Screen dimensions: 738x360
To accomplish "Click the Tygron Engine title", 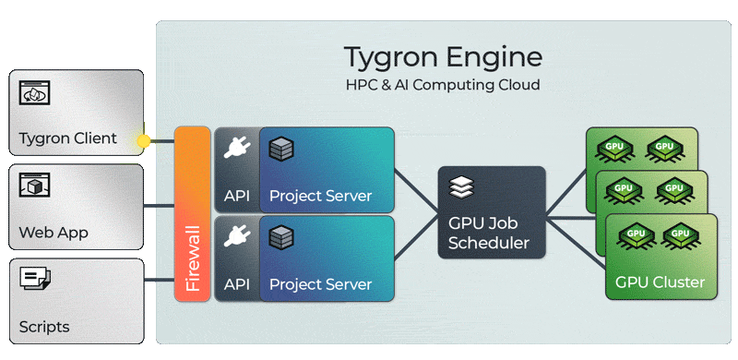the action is [443, 57].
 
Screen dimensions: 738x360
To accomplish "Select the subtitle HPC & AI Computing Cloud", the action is [443, 85].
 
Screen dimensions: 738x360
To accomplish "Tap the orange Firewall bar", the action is [192, 214].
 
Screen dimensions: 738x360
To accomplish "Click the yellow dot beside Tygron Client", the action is [143, 140].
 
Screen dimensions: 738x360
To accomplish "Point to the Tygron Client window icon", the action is [34, 93].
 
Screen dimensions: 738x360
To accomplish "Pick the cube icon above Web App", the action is [34, 186].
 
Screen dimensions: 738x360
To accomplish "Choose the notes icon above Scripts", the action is [34, 278].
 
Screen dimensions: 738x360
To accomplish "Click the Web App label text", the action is [54, 233].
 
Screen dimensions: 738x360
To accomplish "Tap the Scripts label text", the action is [43, 327].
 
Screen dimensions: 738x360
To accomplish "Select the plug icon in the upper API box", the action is [237, 147].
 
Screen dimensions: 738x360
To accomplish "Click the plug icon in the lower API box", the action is [237, 235].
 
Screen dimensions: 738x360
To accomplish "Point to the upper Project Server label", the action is [320, 196].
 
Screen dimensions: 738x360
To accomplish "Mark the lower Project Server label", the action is [320, 284].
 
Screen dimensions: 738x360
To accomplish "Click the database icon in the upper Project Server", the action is [281, 149].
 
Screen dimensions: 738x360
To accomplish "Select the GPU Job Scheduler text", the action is [489, 233].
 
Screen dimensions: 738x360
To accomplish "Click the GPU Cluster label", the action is [660, 282].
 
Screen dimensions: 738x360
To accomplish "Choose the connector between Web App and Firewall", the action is [159, 206].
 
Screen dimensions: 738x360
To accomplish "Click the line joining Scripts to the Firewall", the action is [159, 281].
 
